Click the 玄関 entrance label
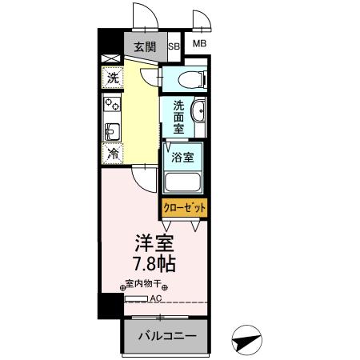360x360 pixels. [146, 46]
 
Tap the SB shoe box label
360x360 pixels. [174, 46]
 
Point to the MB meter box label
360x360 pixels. [198, 43]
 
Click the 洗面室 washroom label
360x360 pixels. [178, 116]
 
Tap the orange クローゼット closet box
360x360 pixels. [185, 207]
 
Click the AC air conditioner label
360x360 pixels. [157, 299]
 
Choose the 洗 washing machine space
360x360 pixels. [113, 78]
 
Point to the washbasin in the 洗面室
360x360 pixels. [199, 114]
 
